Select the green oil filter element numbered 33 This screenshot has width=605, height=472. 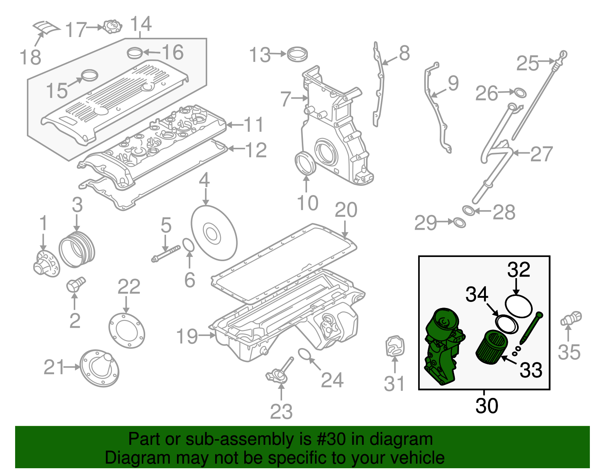pos(492,347)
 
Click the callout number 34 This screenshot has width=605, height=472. pos(477,294)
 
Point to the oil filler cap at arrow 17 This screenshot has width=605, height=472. pos(112,27)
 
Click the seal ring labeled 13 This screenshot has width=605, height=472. pos(297,54)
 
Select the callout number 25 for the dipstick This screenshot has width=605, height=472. pos(527,63)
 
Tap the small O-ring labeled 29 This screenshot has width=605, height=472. pos(459,223)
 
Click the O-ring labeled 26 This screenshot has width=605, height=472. pos(520,93)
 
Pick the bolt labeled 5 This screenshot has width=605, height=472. pos(166,254)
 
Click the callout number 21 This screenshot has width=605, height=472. pos(54,367)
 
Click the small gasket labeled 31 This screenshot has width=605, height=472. pos(395,346)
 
